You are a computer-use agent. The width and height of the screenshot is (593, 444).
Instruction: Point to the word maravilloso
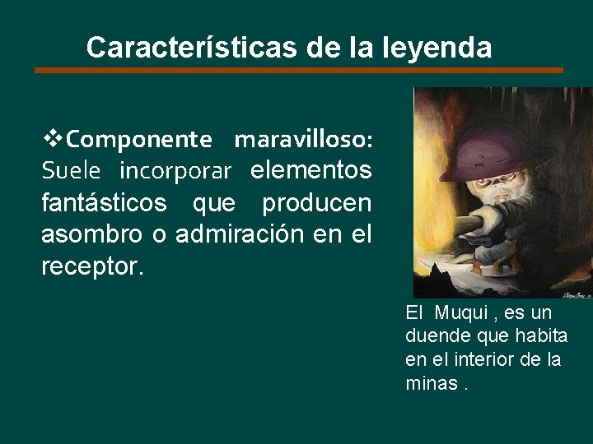[x=303, y=140]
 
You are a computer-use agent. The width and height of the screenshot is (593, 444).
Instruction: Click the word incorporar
[x=175, y=171]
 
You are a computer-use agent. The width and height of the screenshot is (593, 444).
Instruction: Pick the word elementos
[x=311, y=171]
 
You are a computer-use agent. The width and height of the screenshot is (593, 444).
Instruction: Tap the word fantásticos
[x=104, y=202]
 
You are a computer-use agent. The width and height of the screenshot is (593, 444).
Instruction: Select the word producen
[x=317, y=202]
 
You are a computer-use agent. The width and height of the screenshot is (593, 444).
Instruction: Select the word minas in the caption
[x=430, y=382]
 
